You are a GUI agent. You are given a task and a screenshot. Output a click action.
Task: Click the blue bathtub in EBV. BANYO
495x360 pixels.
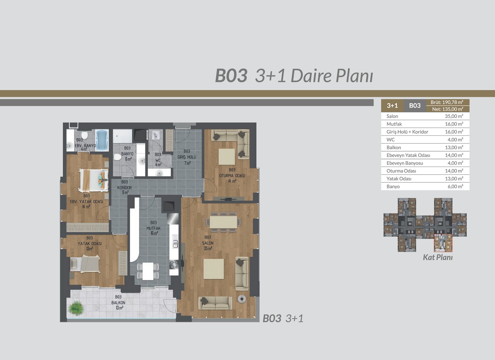(x=102, y=140)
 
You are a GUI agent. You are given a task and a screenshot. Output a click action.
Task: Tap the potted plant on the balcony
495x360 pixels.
(x=76, y=307)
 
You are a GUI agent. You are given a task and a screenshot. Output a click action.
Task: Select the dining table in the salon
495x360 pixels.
(x=223, y=222)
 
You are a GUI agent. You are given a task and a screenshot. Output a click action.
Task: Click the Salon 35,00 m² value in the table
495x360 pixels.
(x=454, y=116)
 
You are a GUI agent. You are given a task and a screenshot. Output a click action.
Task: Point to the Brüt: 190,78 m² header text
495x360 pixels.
(x=447, y=102)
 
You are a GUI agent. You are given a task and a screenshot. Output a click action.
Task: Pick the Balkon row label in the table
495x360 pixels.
(x=394, y=147)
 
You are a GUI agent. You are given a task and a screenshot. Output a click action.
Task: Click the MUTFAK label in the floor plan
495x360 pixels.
(x=153, y=228)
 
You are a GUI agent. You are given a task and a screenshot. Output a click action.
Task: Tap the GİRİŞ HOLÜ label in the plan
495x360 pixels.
(x=187, y=157)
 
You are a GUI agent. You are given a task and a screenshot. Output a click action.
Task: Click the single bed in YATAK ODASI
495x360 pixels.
(x=85, y=264)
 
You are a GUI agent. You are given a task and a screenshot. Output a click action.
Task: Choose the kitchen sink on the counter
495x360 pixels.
(x=175, y=244)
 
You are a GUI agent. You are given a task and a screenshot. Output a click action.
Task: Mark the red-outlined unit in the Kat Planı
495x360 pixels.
(x=443, y=243)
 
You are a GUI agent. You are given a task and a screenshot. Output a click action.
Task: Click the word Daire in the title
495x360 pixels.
(x=311, y=76)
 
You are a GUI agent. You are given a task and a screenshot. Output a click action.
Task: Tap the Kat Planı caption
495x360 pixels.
(x=438, y=257)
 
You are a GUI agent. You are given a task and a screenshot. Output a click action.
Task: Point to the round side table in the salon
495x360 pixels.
(x=242, y=299)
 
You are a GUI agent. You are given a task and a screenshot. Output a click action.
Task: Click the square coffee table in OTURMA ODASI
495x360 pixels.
(x=227, y=156)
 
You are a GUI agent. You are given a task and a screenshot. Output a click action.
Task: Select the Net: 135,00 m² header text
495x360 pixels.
(x=447, y=109)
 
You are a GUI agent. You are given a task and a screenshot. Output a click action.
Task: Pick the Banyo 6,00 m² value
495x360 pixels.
(x=455, y=187)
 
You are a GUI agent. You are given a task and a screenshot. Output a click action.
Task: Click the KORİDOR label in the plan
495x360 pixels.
(x=124, y=188)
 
